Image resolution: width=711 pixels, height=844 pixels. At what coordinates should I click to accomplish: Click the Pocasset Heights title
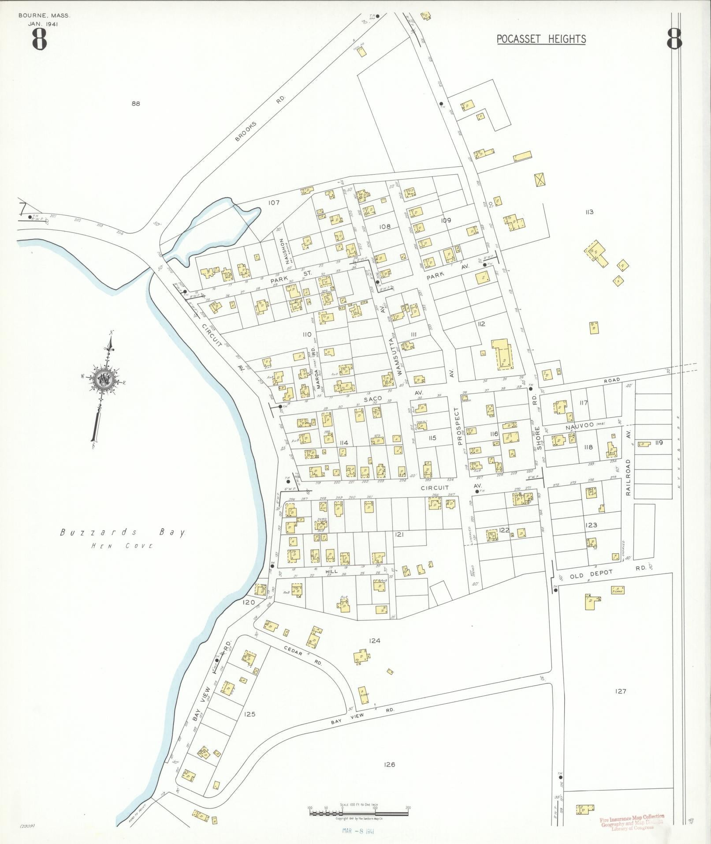pyautogui.click(x=541, y=39)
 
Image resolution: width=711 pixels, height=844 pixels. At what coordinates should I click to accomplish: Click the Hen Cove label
pyautogui.click(x=122, y=546)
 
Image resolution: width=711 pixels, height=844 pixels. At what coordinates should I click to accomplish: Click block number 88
pyautogui.click(x=135, y=104)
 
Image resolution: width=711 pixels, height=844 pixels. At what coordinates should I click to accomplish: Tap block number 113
pyautogui.click(x=589, y=212)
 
